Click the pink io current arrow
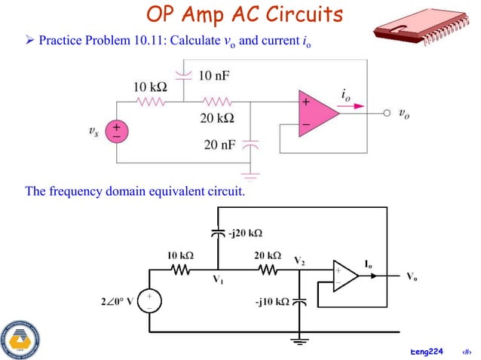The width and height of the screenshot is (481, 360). point(350,107)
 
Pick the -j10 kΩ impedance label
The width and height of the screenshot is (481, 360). point(273,302)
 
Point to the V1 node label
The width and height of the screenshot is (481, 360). point(220,280)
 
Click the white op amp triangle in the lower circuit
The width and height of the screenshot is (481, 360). point(345,276)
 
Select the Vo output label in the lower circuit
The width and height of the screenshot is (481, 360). point(411,277)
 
